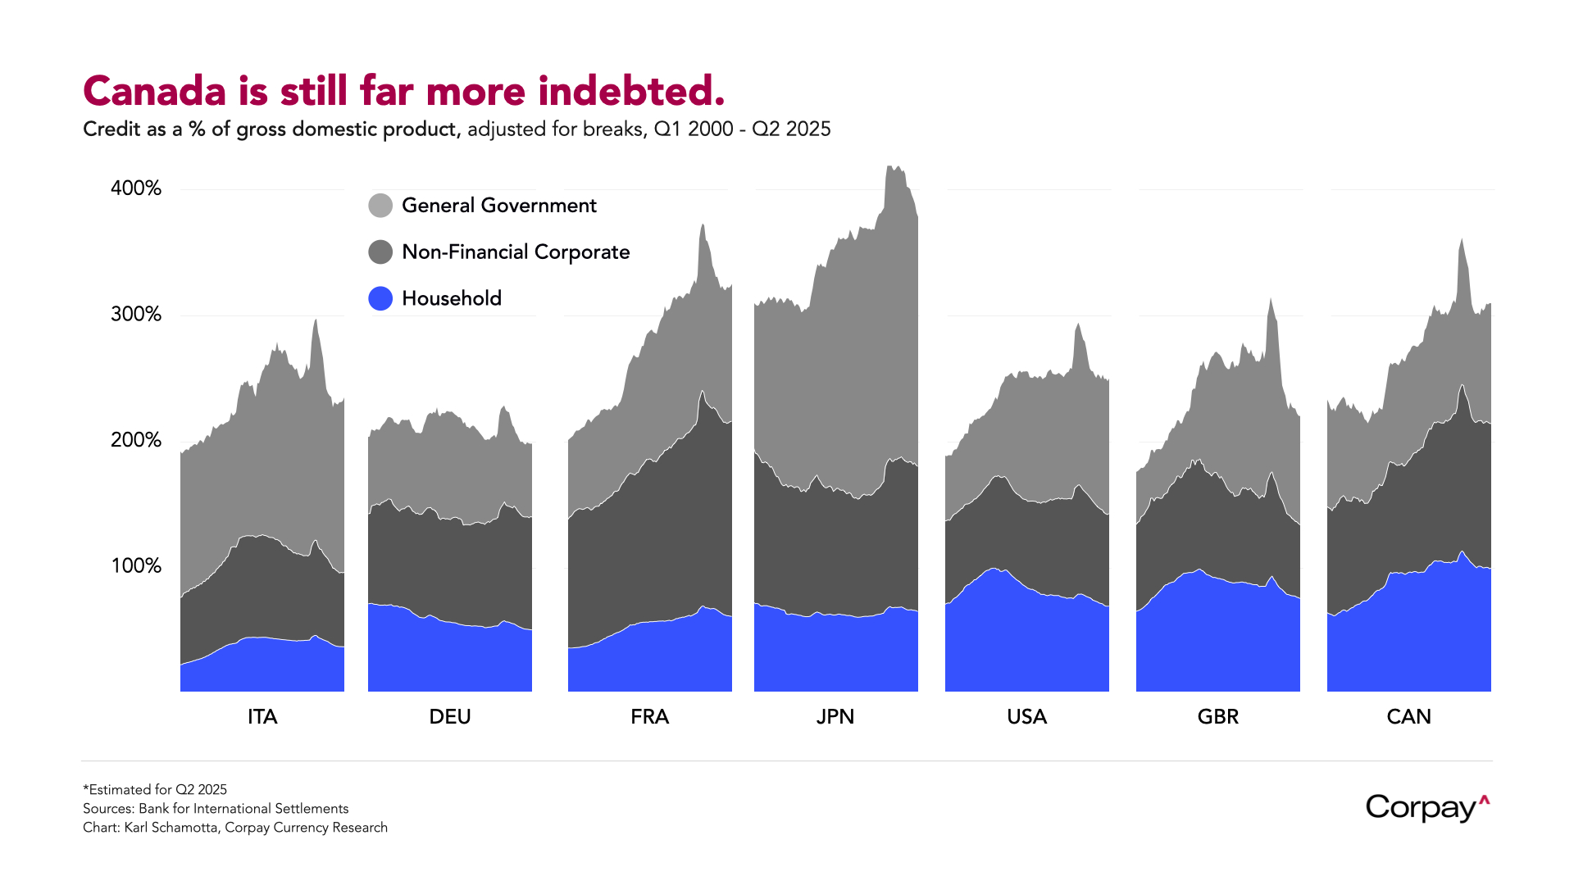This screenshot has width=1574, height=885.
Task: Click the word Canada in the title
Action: [x=154, y=91]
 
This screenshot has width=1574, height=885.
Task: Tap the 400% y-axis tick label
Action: [x=136, y=188]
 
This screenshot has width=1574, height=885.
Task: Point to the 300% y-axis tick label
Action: [x=136, y=315]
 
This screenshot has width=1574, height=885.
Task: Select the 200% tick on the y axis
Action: [x=136, y=440]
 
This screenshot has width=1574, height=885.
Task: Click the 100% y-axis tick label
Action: [x=136, y=566]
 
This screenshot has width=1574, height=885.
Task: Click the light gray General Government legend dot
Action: [x=380, y=206]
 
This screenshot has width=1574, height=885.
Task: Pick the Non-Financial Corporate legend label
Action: [x=516, y=252]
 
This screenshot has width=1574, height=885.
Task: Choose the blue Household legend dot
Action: [x=380, y=298]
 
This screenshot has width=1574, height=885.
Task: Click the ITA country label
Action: [x=262, y=717]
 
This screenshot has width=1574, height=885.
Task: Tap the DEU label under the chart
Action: [x=450, y=717]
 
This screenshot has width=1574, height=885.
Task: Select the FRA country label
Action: [x=649, y=717]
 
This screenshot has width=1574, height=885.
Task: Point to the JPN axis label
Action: [x=835, y=717]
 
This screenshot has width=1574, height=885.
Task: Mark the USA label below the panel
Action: [x=1026, y=717]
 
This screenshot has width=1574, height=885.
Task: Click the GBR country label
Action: [x=1217, y=717]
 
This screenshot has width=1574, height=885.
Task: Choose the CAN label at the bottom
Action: [x=1408, y=717]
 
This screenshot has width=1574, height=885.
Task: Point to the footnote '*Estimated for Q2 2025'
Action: [x=155, y=790]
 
